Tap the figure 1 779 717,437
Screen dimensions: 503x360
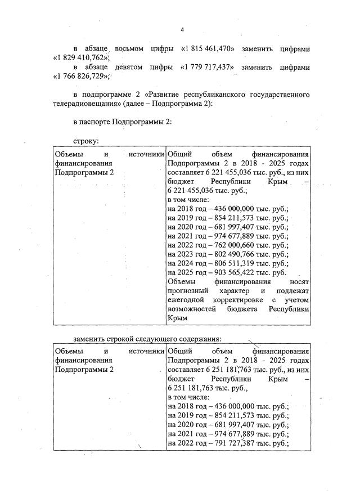208,67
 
